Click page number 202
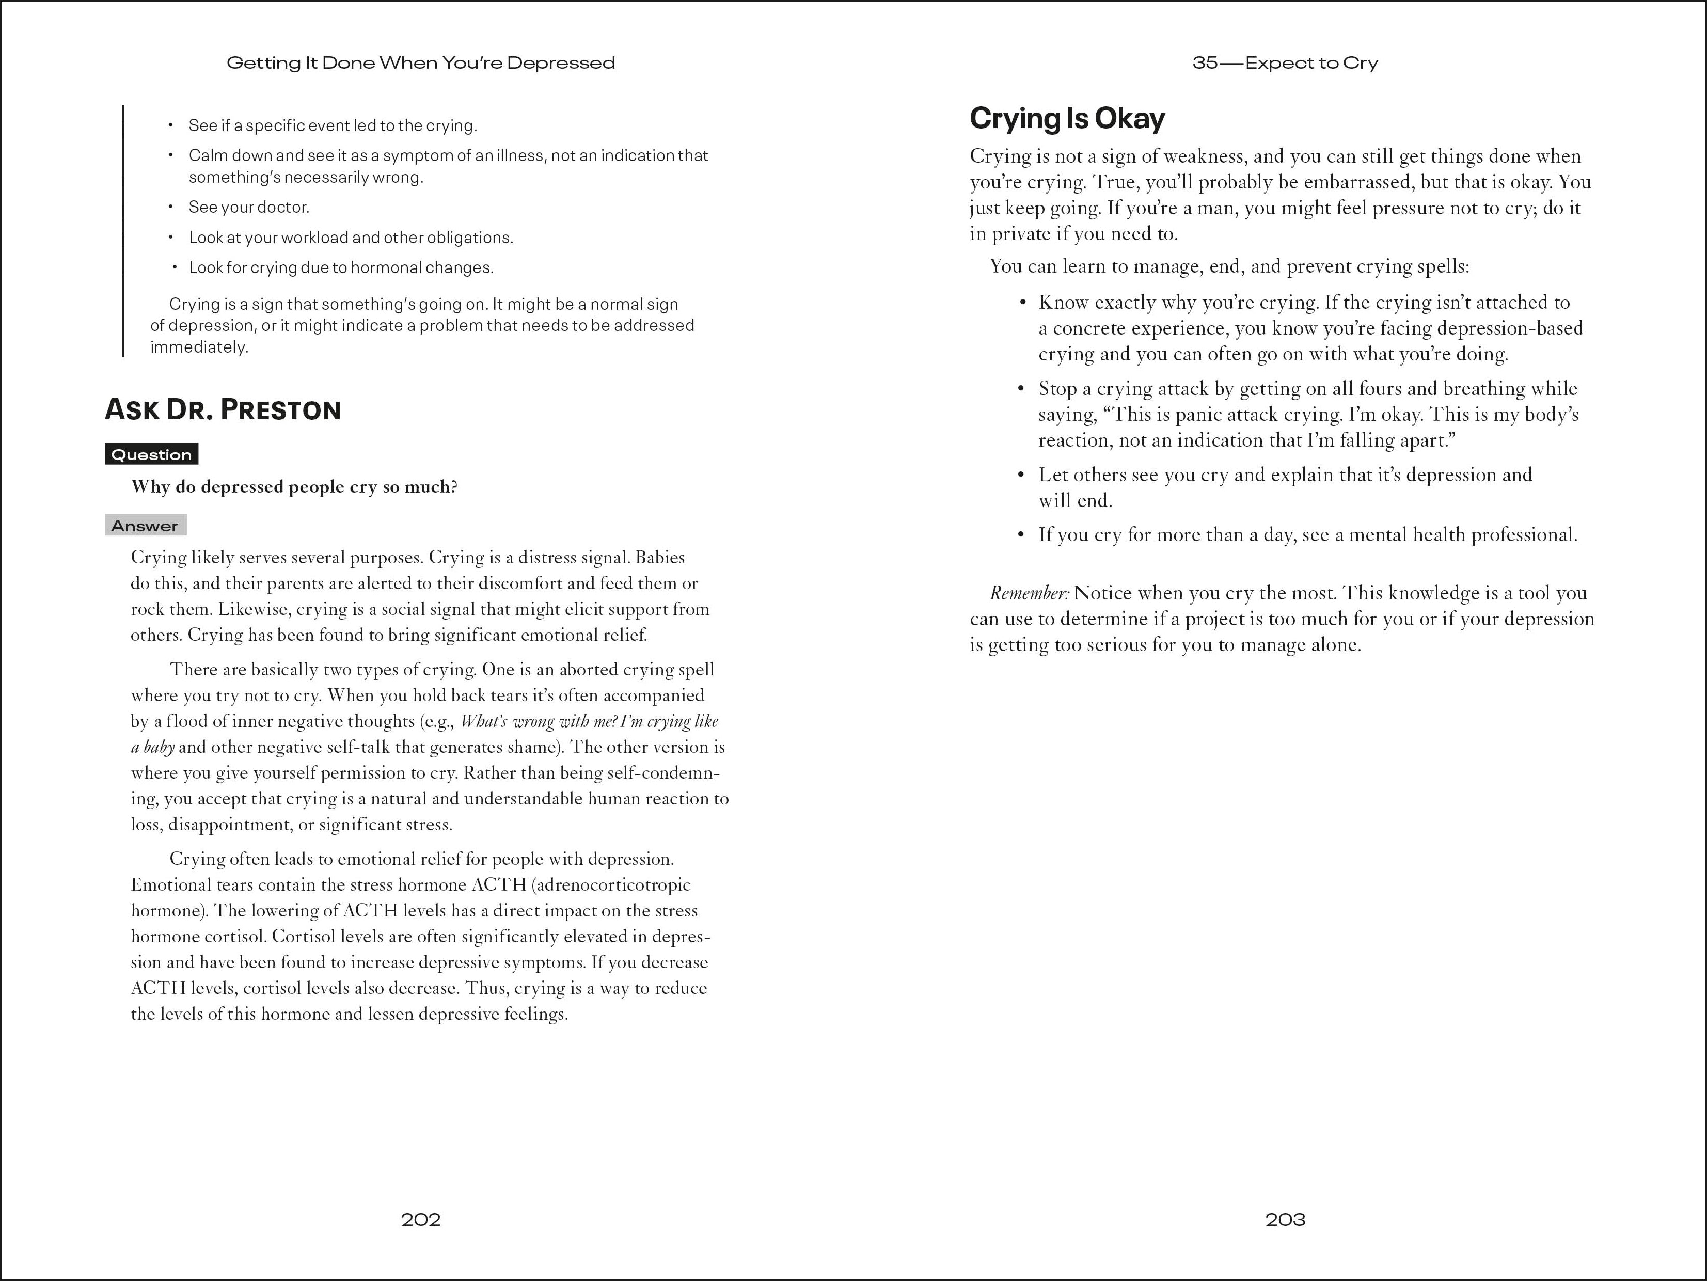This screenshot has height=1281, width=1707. click(x=421, y=1219)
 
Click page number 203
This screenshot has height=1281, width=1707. click(x=1285, y=1219)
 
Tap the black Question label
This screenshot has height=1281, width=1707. click(x=151, y=454)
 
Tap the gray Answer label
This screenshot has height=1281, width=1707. click(x=145, y=526)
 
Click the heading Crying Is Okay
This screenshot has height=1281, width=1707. click(x=1067, y=118)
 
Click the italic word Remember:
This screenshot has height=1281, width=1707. click(x=1029, y=593)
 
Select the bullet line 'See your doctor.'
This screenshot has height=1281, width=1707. click(x=248, y=207)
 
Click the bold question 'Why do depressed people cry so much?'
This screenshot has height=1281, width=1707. click(x=294, y=487)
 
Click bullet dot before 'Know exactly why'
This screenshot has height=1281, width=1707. click(x=1022, y=303)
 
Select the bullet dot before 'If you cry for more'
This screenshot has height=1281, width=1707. click(x=1022, y=535)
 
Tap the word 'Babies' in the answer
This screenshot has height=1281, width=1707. click(x=660, y=557)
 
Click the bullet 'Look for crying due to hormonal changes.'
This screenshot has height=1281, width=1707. click(x=341, y=268)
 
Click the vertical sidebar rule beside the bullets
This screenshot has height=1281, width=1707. click(x=123, y=231)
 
